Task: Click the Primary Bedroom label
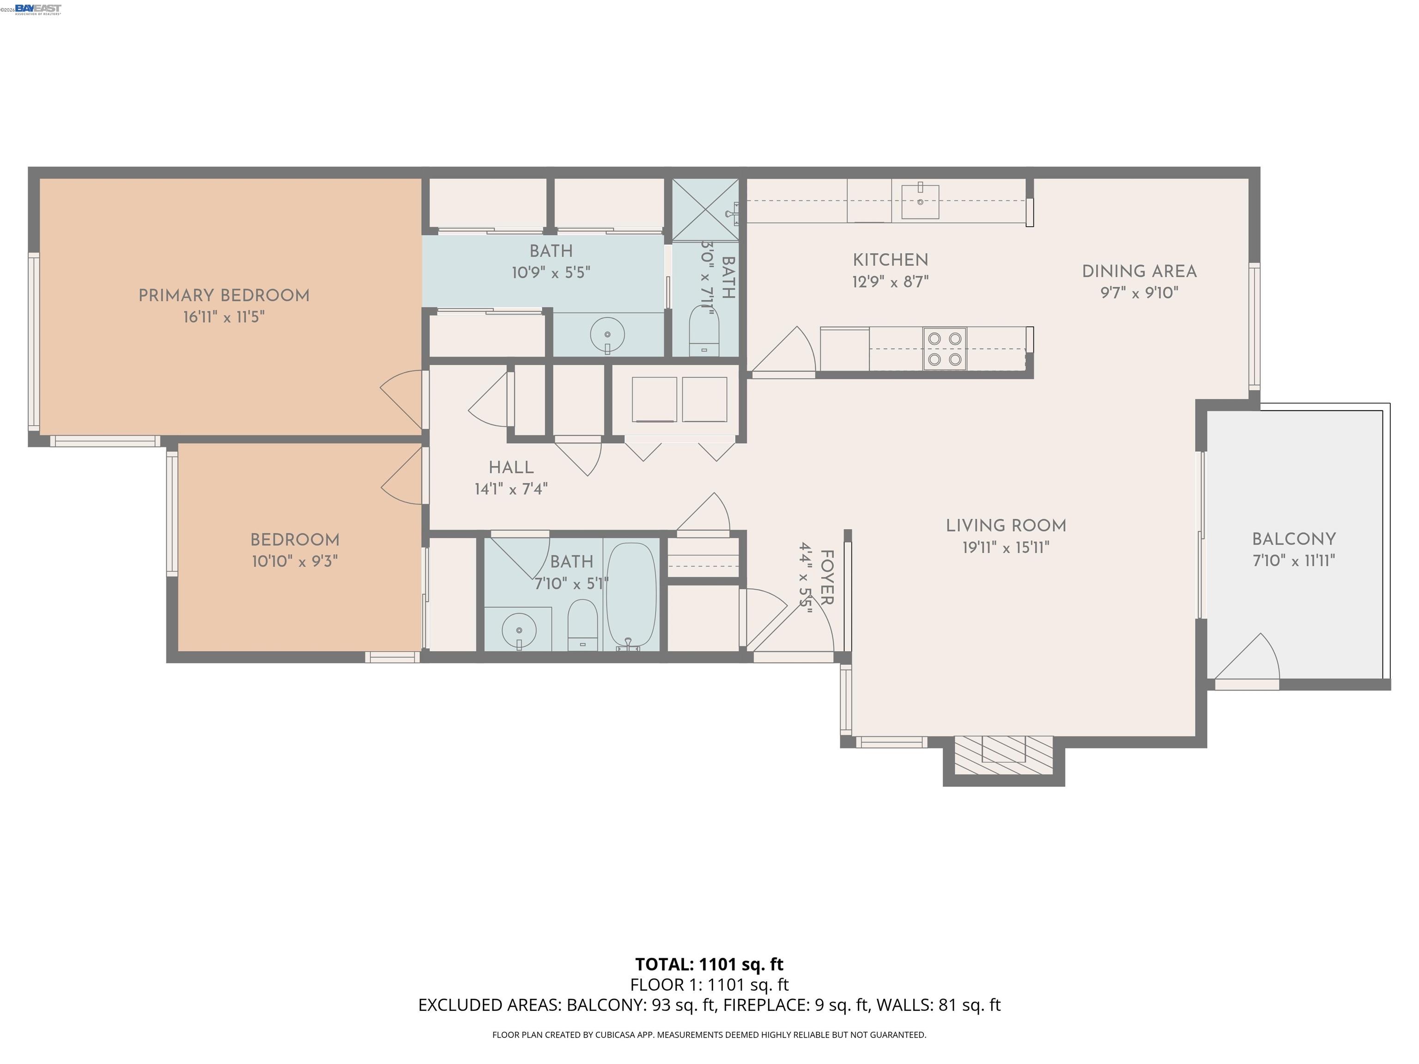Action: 224,296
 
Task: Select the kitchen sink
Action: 920,201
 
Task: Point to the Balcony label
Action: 1294,539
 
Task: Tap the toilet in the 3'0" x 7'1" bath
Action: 704,332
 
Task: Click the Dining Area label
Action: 1139,271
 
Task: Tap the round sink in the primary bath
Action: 607,335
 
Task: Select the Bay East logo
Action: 38,9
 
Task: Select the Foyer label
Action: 827,577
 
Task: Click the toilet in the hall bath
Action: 582,625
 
